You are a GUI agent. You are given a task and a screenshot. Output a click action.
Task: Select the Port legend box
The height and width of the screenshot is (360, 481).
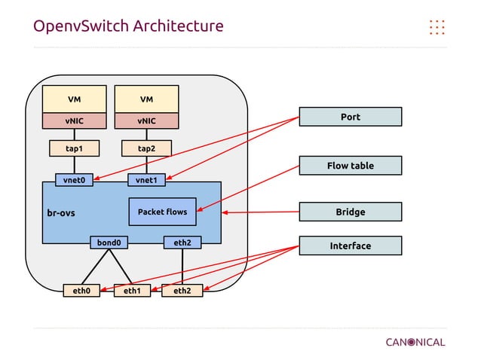point(351,117)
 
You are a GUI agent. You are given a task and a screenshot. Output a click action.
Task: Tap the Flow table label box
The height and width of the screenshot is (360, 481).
point(351,166)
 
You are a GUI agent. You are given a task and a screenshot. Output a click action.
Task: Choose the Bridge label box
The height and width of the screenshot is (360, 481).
point(351,212)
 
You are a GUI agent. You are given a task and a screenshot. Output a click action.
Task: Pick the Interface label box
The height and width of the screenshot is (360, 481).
point(351,246)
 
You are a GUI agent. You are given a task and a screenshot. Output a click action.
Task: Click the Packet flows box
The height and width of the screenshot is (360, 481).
point(162,212)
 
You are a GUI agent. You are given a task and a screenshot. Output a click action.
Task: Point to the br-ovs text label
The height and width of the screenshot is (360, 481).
point(61,213)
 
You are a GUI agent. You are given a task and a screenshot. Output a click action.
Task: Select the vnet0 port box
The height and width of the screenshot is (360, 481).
point(74,180)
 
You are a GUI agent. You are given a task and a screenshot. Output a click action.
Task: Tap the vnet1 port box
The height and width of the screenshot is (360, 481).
point(146,180)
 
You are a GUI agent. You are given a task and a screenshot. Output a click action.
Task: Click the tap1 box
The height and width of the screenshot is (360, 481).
point(74,148)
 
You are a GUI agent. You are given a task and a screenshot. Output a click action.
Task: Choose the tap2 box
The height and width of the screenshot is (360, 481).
point(146,148)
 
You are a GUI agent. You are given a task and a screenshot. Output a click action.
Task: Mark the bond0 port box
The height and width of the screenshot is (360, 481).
point(109,243)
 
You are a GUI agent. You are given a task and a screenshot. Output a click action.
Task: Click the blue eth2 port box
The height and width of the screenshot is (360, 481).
point(182,243)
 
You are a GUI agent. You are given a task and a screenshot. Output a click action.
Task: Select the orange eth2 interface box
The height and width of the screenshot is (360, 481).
point(182,291)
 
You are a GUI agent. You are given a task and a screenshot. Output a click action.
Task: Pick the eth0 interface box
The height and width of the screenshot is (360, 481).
point(81,291)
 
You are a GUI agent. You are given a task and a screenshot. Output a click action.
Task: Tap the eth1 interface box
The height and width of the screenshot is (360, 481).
point(132,291)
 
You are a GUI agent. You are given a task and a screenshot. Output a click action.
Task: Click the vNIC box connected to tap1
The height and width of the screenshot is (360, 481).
point(74,121)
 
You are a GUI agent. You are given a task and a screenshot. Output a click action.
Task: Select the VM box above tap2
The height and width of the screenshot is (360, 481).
point(146,99)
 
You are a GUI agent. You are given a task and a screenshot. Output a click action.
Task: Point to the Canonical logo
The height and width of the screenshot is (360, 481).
point(415,342)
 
